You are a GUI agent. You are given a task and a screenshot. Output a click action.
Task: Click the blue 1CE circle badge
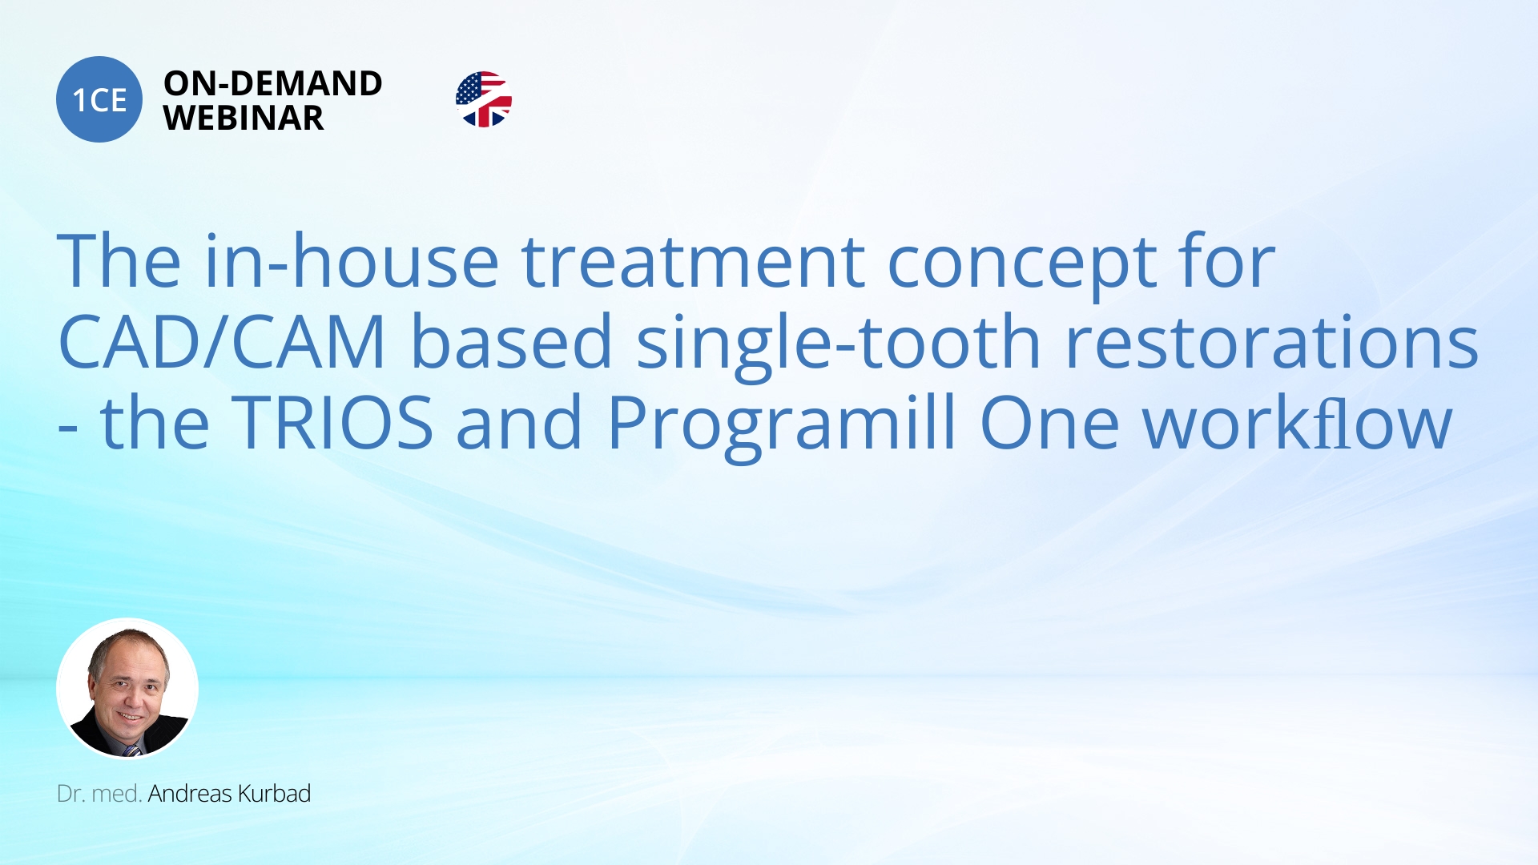[99, 99]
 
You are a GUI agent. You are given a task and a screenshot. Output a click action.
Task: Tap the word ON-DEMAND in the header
[273, 83]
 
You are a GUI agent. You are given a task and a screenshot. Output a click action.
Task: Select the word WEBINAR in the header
[244, 119]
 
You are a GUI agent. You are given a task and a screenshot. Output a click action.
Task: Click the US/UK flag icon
[484, 99]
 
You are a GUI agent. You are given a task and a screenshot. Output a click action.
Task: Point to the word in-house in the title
[352, 260]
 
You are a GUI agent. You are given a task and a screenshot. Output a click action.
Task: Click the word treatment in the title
[693, 262]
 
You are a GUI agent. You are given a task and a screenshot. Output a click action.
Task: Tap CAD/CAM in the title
[223, 342]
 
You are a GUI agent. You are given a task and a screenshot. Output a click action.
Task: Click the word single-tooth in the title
[839, 344]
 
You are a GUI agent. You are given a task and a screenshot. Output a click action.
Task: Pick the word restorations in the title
[1271, 342]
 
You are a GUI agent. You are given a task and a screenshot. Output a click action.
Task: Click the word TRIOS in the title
[332, 422]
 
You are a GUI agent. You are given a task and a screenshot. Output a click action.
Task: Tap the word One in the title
[1049, 423]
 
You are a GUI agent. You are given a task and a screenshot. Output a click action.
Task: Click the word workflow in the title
[1297, 421]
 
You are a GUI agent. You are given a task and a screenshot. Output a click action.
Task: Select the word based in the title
[512, 340]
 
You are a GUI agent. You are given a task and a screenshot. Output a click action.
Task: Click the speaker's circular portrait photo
[127, 688]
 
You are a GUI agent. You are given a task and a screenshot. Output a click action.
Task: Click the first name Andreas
[190, 794]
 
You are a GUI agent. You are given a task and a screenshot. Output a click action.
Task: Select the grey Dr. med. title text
[99, 794]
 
